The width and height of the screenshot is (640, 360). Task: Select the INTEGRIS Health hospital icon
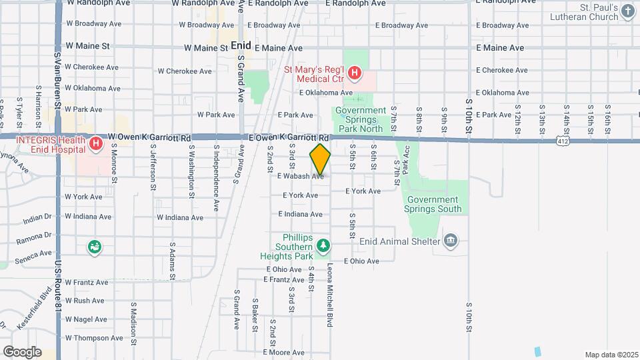click(x=97, y=143)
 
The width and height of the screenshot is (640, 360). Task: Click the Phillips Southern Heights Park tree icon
click(x=323, y=247)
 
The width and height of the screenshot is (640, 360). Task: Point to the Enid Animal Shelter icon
click(x=451, y=240)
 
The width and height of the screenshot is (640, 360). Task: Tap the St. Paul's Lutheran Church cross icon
click(x=627, y=11)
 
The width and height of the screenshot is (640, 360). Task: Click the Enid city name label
click(x=240, y=46)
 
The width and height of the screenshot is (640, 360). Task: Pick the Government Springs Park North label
click(x=361, y=119)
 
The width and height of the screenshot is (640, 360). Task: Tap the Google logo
click(x=22, y=351)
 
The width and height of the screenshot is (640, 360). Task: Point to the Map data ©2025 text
click(x=611, y=355)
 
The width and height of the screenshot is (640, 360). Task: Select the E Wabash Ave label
click(x=300, y=177)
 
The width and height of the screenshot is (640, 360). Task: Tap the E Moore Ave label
click(x=284, y=352)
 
